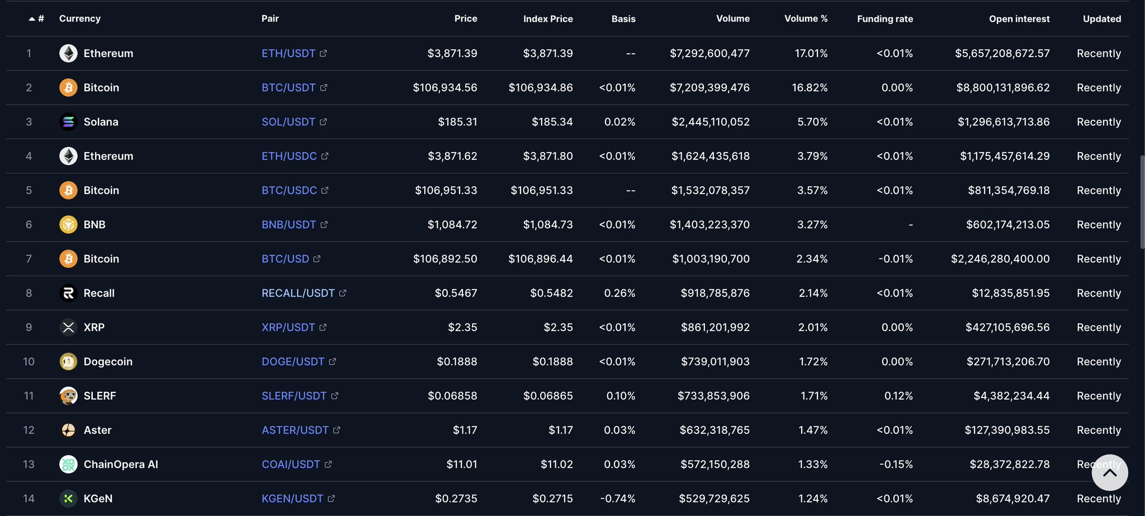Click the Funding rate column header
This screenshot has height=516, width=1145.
(x=884, y=19)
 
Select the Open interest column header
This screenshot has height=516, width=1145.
(x=1019, y=19)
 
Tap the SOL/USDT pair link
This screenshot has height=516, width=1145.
(x=288, y=122)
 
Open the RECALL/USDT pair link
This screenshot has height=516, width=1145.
(x=298, y=293)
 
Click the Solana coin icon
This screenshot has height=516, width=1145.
(x=68, y=122)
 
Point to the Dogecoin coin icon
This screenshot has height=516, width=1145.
(x=68, y=362)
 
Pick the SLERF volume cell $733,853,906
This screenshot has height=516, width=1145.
(x=713, y=396)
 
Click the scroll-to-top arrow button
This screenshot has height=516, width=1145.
(x=1109, y=473)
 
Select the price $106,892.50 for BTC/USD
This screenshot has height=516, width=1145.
(x=445, y=259)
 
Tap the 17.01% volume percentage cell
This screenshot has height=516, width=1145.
(x=811, y=54)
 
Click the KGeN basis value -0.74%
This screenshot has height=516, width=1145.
(x=617, y=499)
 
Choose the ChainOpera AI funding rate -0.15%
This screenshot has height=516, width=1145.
(x=896, y=465)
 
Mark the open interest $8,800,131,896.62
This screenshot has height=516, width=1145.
(x=1002, y=88)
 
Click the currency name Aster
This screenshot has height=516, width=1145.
(x=97, y=430)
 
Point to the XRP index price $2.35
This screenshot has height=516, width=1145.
(x=558, y=328)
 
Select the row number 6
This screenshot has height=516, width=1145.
(x=29, y=225)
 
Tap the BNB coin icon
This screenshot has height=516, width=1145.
(x=68, y=225)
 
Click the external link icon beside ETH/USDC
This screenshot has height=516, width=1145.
(x=325, y=157)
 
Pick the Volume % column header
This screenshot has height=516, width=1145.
(x=806, y=19)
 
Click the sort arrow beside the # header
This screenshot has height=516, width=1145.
(x=32, y=19)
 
